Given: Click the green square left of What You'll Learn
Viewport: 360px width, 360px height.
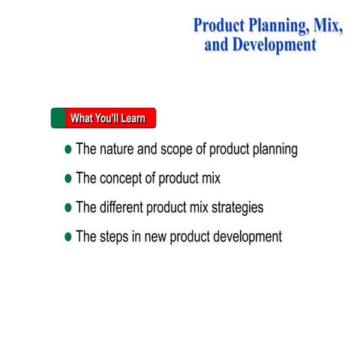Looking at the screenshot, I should pos(58,118).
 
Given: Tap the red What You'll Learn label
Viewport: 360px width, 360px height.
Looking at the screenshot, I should pos(109,118).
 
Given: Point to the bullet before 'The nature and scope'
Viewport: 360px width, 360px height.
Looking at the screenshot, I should pos(69,150).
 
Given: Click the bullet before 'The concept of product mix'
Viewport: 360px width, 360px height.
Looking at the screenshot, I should pos(69,179).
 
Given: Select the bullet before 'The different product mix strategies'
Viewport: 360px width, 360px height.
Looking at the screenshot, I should pos(69,208).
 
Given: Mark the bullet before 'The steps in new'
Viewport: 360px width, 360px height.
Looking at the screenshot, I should pos(69,237).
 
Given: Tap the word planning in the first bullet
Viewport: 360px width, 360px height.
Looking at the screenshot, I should pos(273,150).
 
